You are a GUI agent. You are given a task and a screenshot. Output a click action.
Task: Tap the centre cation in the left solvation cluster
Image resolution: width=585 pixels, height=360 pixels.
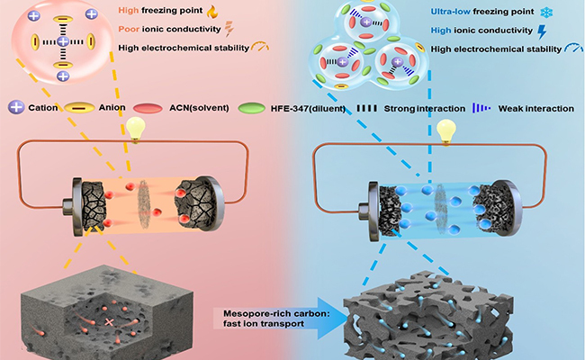coord(62,42)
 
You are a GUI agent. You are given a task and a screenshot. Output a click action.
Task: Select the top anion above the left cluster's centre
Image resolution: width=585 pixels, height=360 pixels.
coord(62,18)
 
